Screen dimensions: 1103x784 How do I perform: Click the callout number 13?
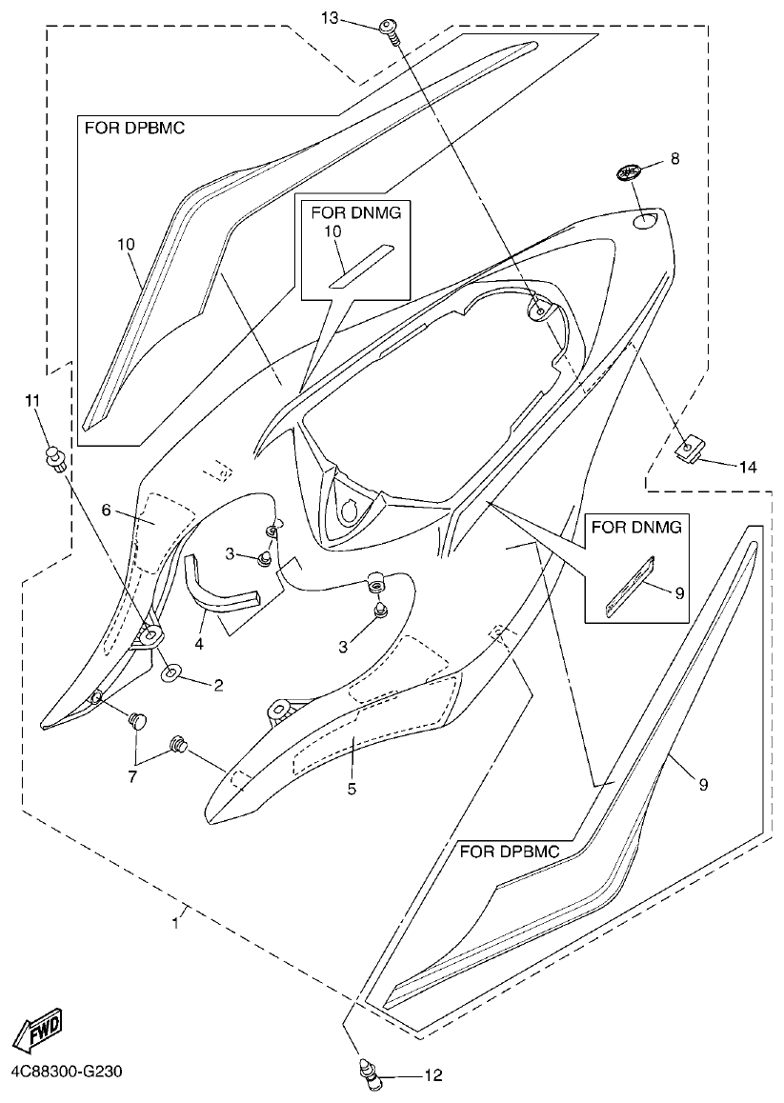tap(330, 18)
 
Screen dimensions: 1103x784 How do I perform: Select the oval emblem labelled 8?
tap(628, 173)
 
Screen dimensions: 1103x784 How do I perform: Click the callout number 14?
tap(747, 466)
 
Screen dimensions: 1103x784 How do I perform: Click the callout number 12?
tap(433, 1076)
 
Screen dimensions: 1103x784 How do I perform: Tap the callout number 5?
tap(352, 789)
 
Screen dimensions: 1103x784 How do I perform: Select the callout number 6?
tap(108, 511)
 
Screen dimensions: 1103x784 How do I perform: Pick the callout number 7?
tap(132, 777)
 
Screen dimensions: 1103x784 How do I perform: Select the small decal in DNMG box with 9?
tap(630, 582)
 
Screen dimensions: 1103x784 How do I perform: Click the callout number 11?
tap(33, 401)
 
